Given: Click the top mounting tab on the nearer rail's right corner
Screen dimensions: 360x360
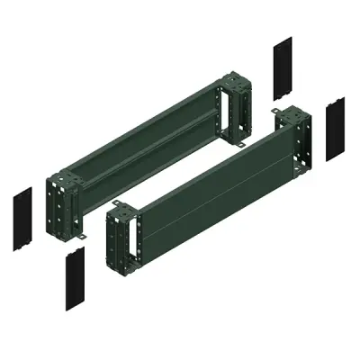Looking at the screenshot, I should tap(278, 112).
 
